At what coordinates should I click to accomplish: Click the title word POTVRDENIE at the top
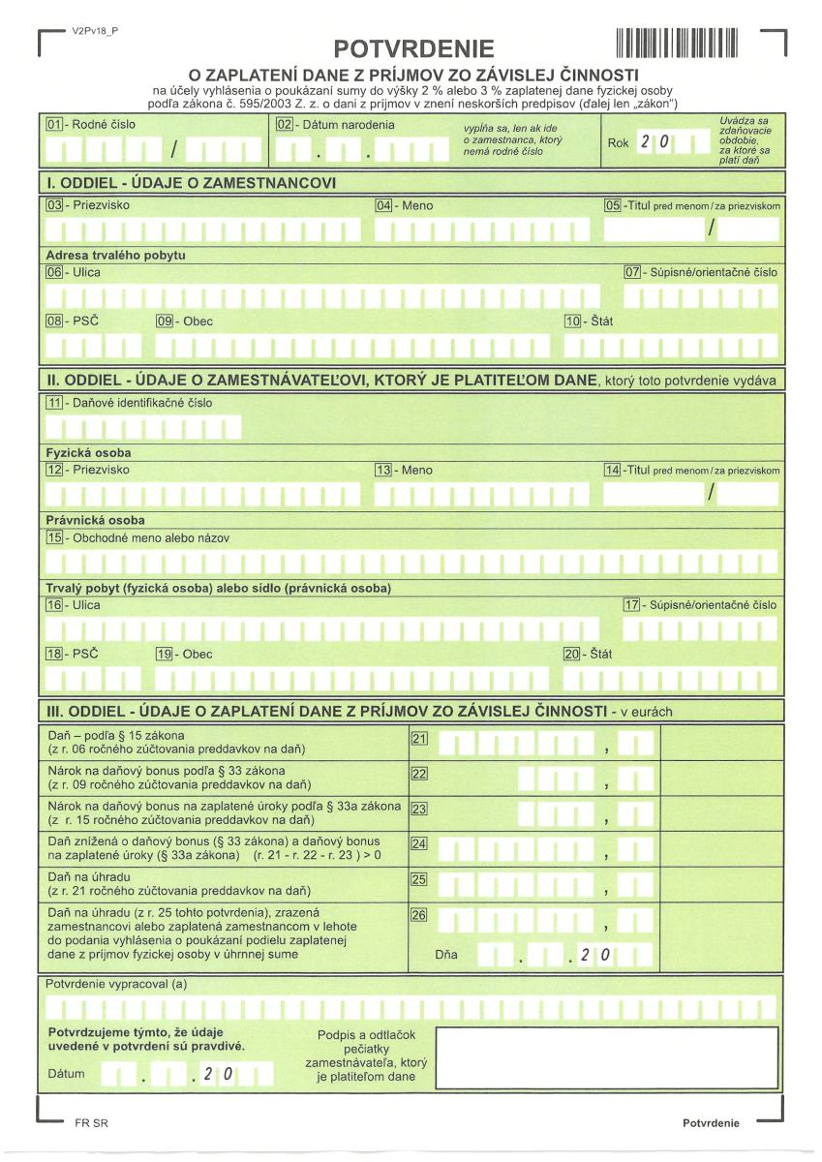tap(413, 49)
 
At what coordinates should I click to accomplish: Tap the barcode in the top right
tap(677, 43)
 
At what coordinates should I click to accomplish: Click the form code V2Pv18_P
tap(95, 31)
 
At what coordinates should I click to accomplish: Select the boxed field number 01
tap(54, 125)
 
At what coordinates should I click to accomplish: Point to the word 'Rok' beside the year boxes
tap(618, 143)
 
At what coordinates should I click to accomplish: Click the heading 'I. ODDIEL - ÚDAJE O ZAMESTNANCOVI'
tap(192, 182)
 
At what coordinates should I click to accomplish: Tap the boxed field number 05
tap(612, 205)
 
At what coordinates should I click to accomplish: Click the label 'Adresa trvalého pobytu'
tap(115, 255)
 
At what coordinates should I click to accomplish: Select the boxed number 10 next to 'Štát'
tap(572, 321)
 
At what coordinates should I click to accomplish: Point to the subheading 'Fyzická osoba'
tap(88, 452)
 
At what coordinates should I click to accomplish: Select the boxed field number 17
tap(632, 605)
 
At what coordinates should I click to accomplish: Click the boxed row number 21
tap(419, 740)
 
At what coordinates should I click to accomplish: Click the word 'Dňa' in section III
tap(446, 955)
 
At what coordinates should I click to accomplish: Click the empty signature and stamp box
tap(606, 1056)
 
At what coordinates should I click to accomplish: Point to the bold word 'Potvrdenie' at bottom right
tap(711, 1122)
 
